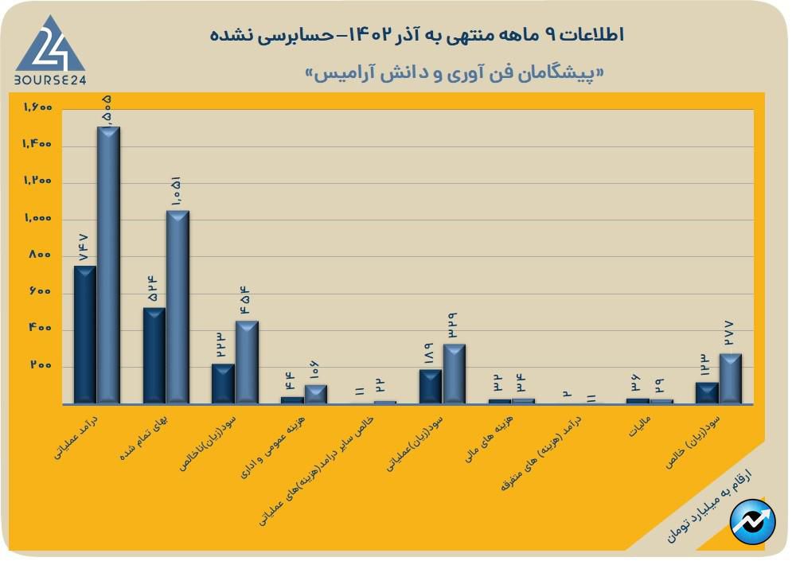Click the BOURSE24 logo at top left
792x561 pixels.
49,49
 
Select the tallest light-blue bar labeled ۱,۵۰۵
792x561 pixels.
108,265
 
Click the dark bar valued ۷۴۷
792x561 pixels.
84,334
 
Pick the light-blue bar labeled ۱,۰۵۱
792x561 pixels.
178,307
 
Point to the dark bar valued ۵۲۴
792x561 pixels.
154,356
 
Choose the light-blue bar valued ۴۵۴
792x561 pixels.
247,362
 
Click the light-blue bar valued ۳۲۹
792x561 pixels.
455,374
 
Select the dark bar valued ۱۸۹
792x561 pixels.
431,387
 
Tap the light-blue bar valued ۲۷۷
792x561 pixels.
731,379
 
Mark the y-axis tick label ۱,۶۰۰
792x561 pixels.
37,107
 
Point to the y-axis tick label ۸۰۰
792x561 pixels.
41,255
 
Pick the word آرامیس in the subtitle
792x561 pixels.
336,73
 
